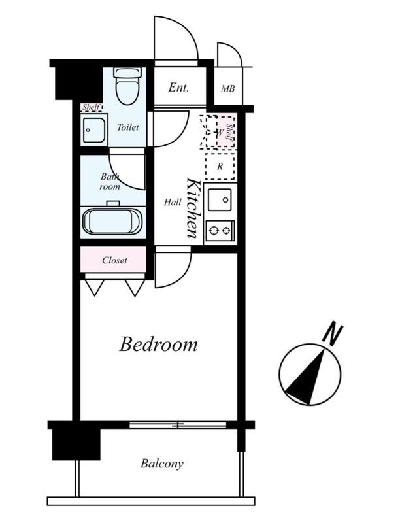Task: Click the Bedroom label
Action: [158, 345]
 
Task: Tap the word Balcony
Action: [162, 464]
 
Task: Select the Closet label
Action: [114, 260]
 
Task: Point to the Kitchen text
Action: [193, 209]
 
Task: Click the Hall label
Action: [173, 202]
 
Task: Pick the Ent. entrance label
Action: [178, 88]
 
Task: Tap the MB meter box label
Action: [228, 89]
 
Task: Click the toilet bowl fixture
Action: [127, 86]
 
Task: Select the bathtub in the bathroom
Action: [113, 222]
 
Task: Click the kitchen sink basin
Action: [220, 200]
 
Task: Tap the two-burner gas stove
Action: [220, 230]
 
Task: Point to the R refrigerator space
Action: [220, 167]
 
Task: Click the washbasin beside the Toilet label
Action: [93, 130]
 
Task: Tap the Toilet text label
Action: [128, 127]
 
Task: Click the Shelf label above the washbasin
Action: [92, 107]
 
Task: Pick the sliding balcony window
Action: [178, 425]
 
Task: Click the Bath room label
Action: [110, 182]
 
